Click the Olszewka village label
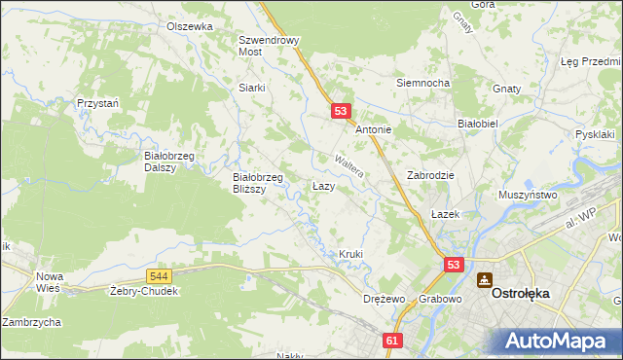189,27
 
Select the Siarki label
252,88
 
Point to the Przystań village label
97,103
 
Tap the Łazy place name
324,186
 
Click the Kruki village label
350,255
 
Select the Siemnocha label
422,83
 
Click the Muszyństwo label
528,195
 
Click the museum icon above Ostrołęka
484,280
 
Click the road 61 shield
392,341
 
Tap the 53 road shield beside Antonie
341,111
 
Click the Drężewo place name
383,299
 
